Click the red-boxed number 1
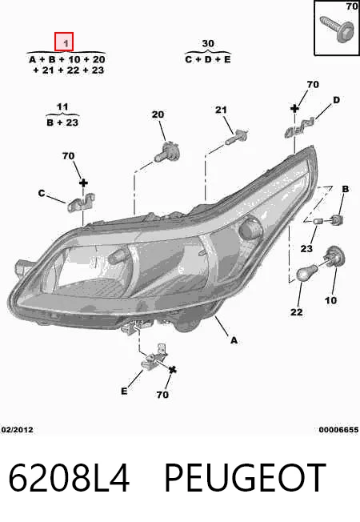64,42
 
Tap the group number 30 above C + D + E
208,43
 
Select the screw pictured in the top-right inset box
336,28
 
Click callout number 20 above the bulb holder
158,114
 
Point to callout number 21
221,110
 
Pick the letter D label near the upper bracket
336,100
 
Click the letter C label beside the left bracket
42,193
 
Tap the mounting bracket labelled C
81,203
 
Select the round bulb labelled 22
306,274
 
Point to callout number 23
306,249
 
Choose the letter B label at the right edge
346,189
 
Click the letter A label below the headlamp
234,340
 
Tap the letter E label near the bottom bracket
124,391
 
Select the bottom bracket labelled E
154,357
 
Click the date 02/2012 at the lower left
18,430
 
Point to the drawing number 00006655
338,430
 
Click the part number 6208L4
69,478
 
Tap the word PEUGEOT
246,478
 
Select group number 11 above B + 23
62,107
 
